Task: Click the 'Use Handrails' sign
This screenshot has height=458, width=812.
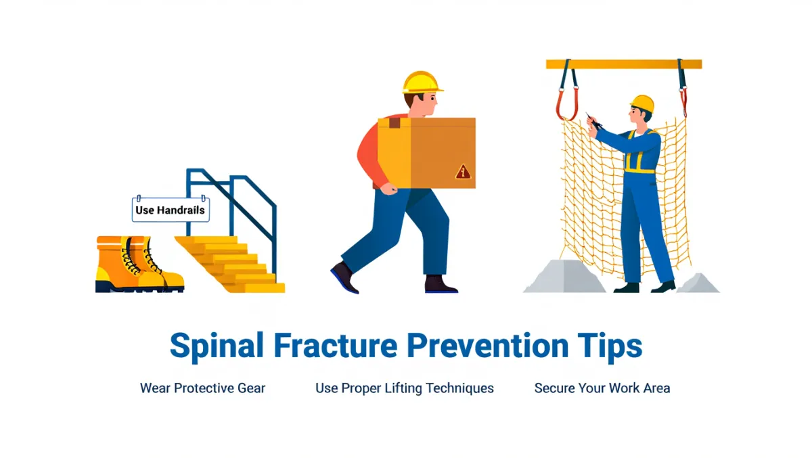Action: tap(171, 210)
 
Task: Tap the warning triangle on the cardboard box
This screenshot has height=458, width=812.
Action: tap(463, 172)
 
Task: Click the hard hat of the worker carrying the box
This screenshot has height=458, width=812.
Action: tap(422, 83)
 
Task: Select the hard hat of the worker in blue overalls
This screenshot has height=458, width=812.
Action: tap(642, 104)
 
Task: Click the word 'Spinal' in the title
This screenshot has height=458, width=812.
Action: tap(217, 346)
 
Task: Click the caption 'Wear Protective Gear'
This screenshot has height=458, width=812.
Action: tap(202, 388)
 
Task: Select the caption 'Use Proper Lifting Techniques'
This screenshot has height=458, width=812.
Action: tap(405, 388)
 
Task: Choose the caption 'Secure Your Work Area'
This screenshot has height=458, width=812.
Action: tap(602, 388)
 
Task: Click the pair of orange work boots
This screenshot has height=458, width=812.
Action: tap(139, 264)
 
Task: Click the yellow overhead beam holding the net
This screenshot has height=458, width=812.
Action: tap(624, 64)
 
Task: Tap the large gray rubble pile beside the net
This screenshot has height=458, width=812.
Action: tap(565, 277)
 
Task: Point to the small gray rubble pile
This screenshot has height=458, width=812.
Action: tap(698, 283)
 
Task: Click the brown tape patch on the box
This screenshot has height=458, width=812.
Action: tap(394, 123)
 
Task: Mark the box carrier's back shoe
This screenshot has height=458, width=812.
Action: tap(344, 277)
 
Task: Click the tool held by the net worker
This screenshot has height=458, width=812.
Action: tap(594, 121)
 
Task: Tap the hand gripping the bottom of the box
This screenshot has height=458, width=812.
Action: tap(389, 189)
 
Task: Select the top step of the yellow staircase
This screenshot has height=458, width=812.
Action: tap(207, 240)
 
